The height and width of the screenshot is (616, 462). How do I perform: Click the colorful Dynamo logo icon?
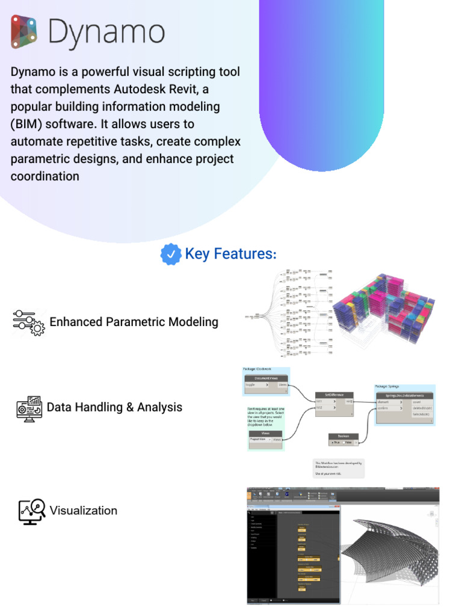(24, 32)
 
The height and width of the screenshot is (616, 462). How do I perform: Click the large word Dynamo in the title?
(106, 32)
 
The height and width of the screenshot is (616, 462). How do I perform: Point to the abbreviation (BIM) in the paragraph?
(28, 124)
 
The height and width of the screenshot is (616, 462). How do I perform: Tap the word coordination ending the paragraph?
(45, 176)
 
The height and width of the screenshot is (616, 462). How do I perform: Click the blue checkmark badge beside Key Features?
(171, 254)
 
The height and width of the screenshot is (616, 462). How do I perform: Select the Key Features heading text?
(230, 254)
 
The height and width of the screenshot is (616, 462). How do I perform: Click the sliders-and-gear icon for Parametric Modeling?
(28, 322)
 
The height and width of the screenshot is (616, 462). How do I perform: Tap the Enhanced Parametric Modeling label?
(134, 322)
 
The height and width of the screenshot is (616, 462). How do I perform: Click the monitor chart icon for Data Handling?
(29, 408)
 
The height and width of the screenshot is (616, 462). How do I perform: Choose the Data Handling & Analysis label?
(114, 407)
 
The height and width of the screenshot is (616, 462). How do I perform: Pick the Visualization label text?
(83, 511)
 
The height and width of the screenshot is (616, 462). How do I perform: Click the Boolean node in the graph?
(343, 436)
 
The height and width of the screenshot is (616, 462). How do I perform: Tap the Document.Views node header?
(266, 378)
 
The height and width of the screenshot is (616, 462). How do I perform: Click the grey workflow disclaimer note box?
(339, 468)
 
